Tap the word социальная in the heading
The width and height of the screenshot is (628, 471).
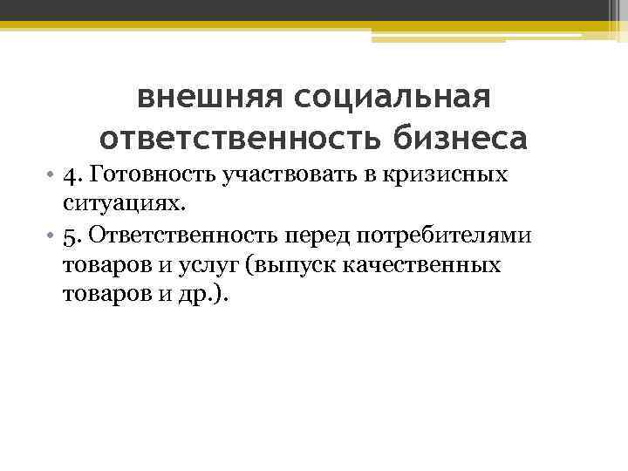[392, 97]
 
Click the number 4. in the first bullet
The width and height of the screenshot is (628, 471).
[73, 175]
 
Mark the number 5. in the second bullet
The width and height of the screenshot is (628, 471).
[73, 235]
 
